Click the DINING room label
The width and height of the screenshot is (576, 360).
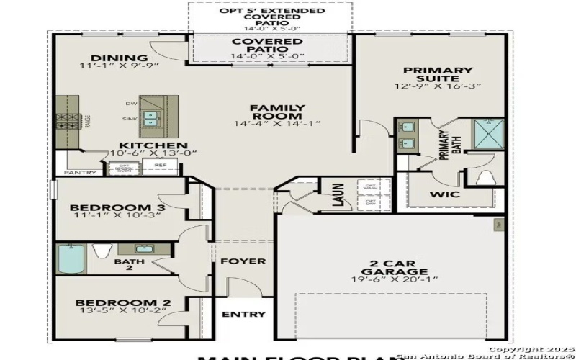click(x=120, y=58)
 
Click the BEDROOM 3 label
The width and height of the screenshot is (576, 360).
click(x=117, y=209)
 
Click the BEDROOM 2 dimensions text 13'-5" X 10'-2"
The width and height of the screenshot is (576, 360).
click(x=121, y=311)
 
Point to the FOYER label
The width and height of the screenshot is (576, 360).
click(x=243, y=261)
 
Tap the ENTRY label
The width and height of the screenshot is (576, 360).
click(x=243, y=314)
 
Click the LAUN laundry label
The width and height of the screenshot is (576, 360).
click(x=338, y=195)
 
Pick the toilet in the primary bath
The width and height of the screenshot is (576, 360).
click(x=485, y=177)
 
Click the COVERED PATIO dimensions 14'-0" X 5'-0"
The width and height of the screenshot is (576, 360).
click(x=267, y=56)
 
